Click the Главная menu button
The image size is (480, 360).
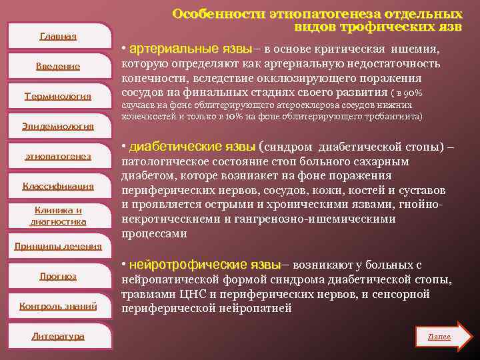click(x=58, y=36)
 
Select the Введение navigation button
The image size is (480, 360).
click(x=58, y=66)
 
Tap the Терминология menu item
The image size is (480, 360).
click(x=58, y=96)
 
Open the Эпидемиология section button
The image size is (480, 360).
click(x=58, y=126)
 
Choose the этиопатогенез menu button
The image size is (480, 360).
click(x=58, y=156)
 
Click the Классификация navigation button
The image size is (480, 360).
click(x=58, y=186)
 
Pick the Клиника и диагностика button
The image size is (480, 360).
click(x=58, y=216)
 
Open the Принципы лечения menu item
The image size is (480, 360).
click(x=58, y=246)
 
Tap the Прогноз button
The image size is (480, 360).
click(x=58, y=276)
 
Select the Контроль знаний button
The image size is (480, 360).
click(x=58, y=306)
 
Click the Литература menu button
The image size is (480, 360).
click(x=58, y=336)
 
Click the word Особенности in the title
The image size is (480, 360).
click(x=217, y=14)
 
